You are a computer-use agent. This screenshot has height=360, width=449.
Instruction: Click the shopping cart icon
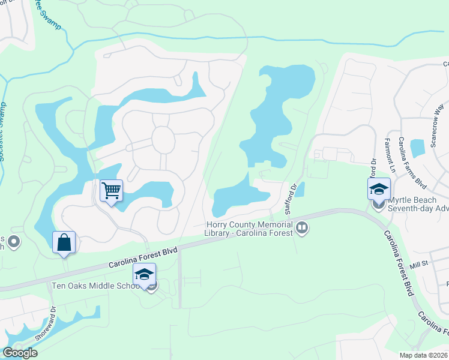[111, 191]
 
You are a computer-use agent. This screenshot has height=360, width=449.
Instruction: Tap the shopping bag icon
[64, 243]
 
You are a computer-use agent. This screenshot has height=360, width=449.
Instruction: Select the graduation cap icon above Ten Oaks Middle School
[144, 275]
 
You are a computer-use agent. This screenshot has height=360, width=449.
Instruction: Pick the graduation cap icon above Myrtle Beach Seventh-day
[379, 190]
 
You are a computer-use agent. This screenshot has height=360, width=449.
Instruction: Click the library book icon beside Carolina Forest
[302, 228]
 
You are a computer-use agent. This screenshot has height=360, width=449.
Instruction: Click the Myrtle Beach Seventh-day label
[418, 204]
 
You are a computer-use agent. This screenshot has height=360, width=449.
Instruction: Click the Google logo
[20, 353]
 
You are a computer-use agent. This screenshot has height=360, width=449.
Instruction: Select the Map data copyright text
[423, 355]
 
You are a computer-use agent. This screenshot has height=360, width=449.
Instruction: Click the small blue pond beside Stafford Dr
[300, 189]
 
